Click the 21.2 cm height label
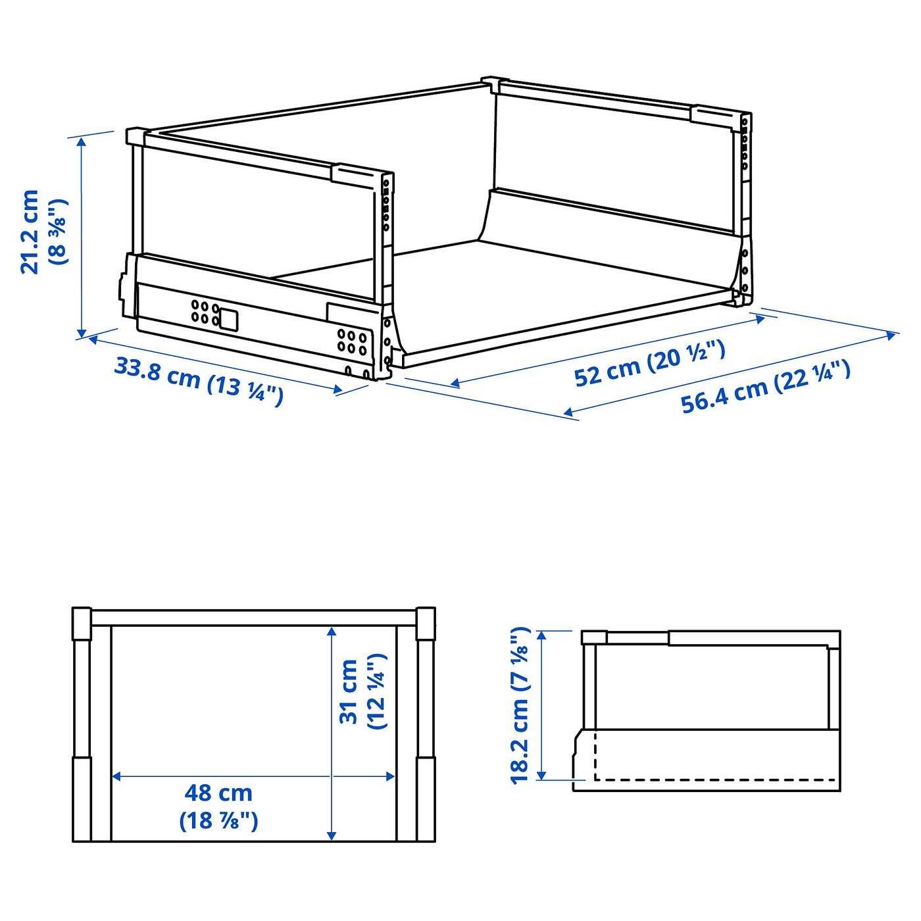coord(30,232)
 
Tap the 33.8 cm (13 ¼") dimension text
coord(199,380)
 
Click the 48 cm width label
coord(218,793)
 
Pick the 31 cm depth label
coord(349,691)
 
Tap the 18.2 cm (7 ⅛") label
coord(520,705)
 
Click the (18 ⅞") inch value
coord(218,821)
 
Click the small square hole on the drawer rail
coord(228,319)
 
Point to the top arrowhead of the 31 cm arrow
coord(332,632)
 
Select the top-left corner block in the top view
coord(82,623)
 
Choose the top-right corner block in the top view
coord(426,623)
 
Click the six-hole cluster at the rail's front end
coord(352,341)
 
